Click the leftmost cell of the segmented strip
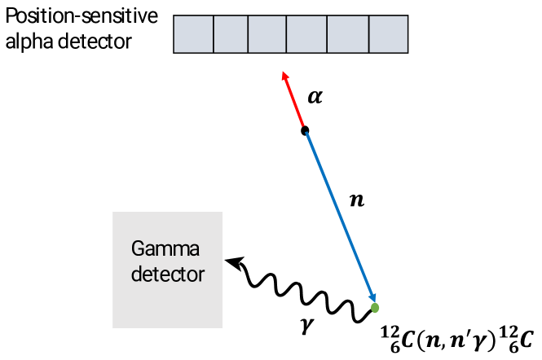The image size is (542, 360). pyautogui.click(x=194, y=34)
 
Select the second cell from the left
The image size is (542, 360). pyautogui.click(x=231, y=34)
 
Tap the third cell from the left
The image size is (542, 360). pyautogui.click(x=267, y=34)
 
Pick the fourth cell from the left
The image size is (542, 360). pyautogui.click(x=306, y=34)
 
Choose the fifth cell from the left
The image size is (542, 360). pyautogui.click(x=348, y=34)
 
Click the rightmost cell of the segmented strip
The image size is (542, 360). pyautogui.click(x=388, y=34)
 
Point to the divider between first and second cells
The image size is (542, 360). pyautogui.click(x=214, y=34)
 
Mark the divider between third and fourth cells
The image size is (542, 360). pyautogui.click(x=287, y=34)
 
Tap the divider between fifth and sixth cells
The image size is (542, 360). pyautogui.click(x=369, y=34)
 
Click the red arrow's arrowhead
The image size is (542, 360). pyautogui.click(x=284, y=75)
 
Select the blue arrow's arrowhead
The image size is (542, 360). pyautogui.click(x=372, y=297)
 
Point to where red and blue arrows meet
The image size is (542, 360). pyautogui.click(x=305, y=129)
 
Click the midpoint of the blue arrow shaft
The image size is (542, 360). pyautogui.click(x=339, y=214)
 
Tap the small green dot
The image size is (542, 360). pyautogui.click(x=375, y=308)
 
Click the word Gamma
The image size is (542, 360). pyautogui.click(x=165, y=249)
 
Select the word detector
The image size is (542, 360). pyautogui.click(x=168, y=274)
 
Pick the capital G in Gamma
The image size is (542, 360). pyautogui.click(x=138, y=248)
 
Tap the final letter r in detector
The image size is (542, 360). pyautogui.click(x=201, y=275)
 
